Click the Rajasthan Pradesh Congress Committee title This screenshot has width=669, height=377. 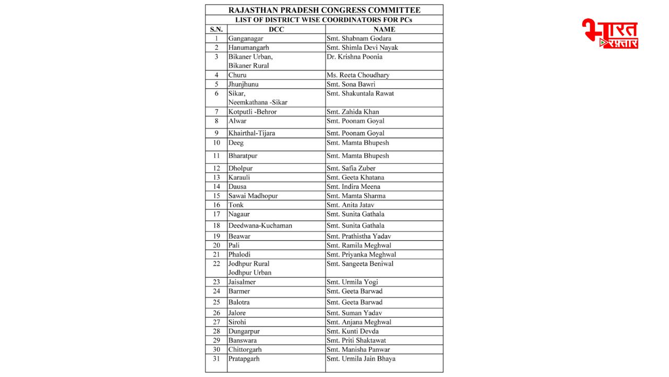pyautogui.click(x=324, y=10)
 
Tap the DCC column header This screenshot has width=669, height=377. pyautogui.click(x=276, y=29)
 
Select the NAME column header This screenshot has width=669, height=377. pyautogui.click(x=384, y=29)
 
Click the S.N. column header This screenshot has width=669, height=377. pyautogui.click(x=216, y=29)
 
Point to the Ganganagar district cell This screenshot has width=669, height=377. pyautogui.click(x=246, y=38)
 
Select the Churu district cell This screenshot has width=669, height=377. pyautogui.click(x=237, y=75)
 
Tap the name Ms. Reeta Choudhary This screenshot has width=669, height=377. pyautogui.click(x=358, y=75)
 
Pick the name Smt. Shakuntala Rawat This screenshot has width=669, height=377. pyautogui.click(x=360, y=93)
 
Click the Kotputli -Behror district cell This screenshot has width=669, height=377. pyautogui.click(x=252, y=112)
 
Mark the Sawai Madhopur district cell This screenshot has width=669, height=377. pyautogui.click(x=253, y=196)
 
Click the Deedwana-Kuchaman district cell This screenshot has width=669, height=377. pyautogui.click(x=260, y=226)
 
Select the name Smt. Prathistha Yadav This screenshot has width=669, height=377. pyautogui.click(x=359, y=236)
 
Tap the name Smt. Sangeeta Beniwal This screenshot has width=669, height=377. pyautogui.click(x=360, y=263)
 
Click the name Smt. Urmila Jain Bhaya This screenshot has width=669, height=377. pyautogui.click(x=361, y=359)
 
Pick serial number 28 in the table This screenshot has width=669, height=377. pyautogui.click(x=216, y=331)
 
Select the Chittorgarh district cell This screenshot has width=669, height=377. pyautogui.click(x=245, y=349)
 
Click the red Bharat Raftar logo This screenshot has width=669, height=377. pyautogui.click(x=610, y=34)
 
